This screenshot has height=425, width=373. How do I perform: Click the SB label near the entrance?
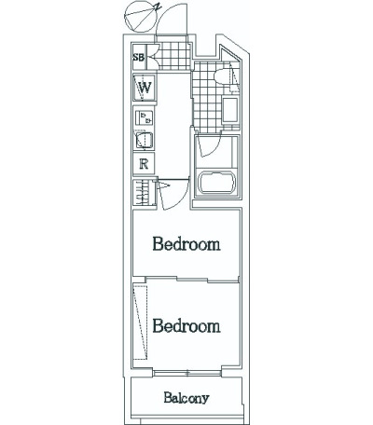[139, 58]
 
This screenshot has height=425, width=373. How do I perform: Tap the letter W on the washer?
[145, 88]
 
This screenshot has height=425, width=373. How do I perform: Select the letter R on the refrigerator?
[144, 163]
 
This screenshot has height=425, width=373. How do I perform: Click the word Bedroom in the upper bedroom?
[186, 244]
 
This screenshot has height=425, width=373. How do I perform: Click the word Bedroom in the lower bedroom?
[186, 326]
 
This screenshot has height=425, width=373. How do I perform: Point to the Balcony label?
[186, 398]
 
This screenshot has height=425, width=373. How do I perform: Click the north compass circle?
[140, 17]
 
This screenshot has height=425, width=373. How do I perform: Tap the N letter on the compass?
[159, 7]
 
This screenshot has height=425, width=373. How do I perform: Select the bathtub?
[217, 183]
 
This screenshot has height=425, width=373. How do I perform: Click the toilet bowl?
[222, 76]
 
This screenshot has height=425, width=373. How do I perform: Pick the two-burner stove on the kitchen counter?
[145, 117]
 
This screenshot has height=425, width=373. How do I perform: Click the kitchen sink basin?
[144, 140]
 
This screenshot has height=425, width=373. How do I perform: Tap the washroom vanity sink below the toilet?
[230, 109]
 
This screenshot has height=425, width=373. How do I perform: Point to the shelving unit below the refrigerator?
[144, 192]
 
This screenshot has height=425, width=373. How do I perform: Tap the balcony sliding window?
[187, 373]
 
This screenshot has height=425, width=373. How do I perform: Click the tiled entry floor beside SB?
[174, 55]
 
